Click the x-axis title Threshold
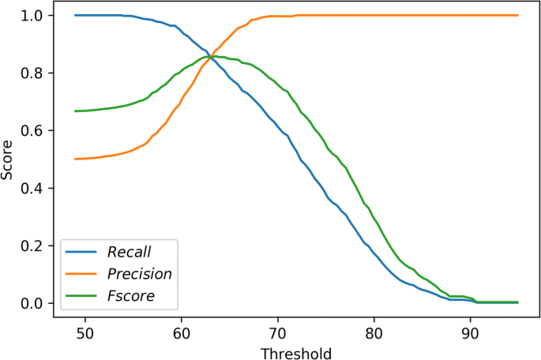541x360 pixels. pyautogui.click(x=296, y=352)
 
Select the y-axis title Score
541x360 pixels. pyautogui.click(x=9, y=160)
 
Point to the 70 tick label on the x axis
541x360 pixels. pyautogui.click(x=277, y=332)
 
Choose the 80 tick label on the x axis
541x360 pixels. pyautogui.click(x=374, y=332)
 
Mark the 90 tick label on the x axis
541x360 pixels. pyautogui.click(x=470, y=332)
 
